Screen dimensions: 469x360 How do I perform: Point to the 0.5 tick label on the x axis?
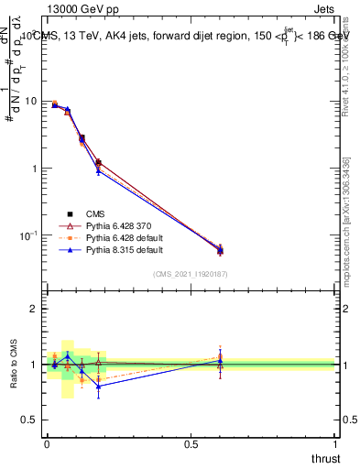pos(191,443)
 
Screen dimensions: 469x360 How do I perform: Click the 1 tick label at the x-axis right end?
pos(336,443)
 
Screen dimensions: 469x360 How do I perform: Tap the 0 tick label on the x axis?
pos(47,443)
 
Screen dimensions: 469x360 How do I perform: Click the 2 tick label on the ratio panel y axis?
pos(34,309)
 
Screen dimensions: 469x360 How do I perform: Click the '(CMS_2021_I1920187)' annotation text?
pos(191,273)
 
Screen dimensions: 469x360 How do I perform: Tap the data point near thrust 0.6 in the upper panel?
pos(220,250)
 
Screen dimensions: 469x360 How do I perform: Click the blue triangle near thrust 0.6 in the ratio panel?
pos(220,361)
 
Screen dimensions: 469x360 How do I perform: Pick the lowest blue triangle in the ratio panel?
pos(98,386)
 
